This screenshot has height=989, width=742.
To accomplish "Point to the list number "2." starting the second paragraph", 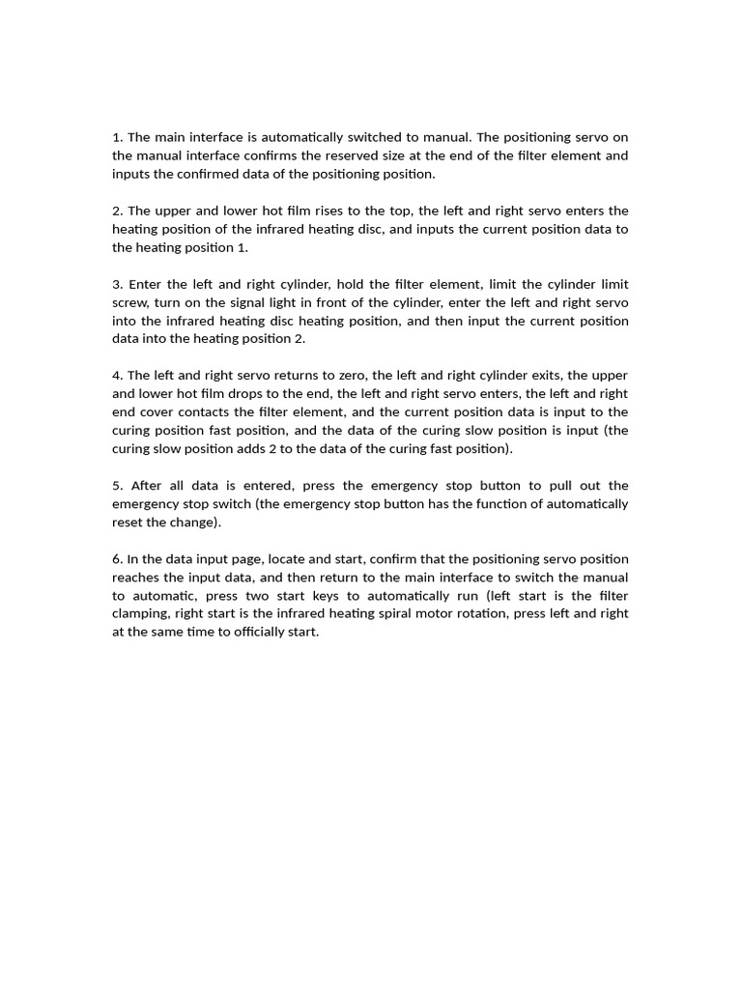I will pyautogui.click(x=118, y=211).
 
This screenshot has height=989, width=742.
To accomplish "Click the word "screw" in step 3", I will pyautogui.click(x=129, y=302).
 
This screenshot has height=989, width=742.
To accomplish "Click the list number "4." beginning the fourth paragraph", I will pyautogui.click(x=118, y=375).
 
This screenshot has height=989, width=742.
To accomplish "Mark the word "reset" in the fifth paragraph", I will pyautogui.click(x=129, y=522).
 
